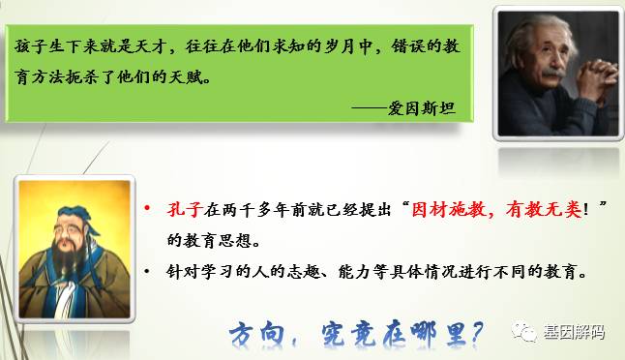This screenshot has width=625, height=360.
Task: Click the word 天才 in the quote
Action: point(158,45)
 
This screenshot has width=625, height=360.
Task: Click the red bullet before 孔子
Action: point(147,209)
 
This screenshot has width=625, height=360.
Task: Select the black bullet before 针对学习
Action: point(147,272)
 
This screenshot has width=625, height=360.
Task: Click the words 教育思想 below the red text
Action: point(210,238)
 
